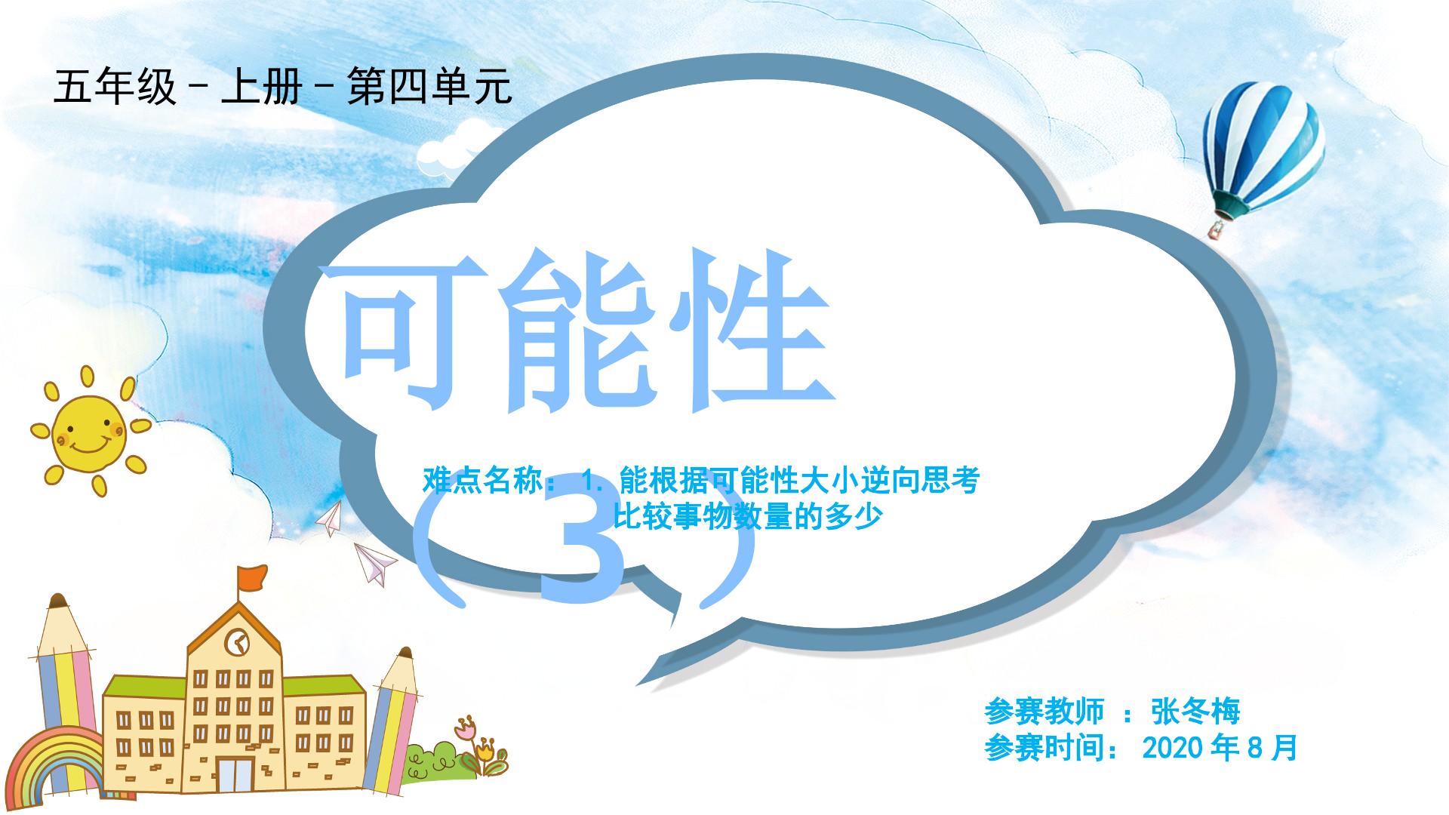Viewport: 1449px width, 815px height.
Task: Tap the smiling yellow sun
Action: point(89,432)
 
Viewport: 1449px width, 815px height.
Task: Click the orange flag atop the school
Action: point(251,578)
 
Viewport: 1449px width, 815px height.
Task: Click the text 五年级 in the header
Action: point(115,87)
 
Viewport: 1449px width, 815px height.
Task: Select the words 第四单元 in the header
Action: point(429,87)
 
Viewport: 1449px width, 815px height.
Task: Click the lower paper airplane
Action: point(376,562)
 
